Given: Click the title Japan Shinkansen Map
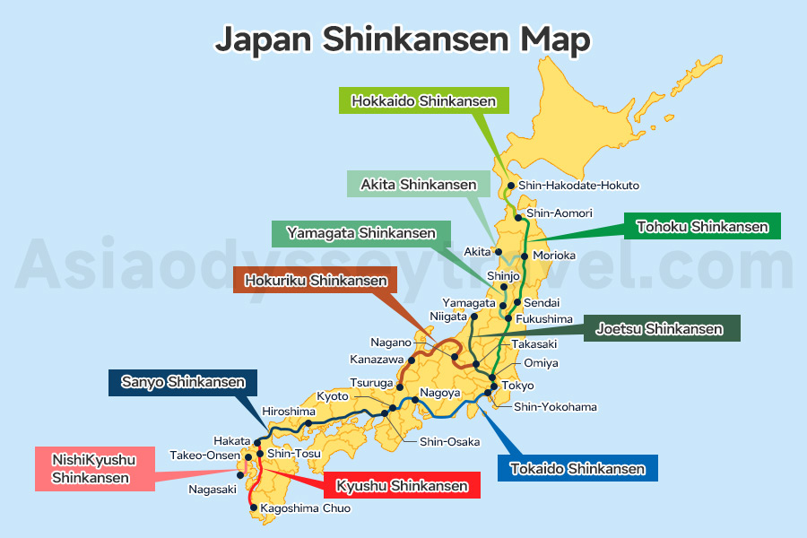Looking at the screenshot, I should (x=403, y=39).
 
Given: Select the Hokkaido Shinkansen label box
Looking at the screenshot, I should (x=424, y=101).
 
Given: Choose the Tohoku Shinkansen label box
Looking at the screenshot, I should (x=702, y=227).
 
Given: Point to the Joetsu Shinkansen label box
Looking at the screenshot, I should (x=660, y=329).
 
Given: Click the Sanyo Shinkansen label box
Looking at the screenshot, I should (x=182, y=383).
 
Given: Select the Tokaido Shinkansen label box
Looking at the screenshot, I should (x=577, y=468).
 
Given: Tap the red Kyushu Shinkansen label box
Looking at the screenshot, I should (x=402, y=486).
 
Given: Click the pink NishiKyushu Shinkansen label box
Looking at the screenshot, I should (x=94, y=469).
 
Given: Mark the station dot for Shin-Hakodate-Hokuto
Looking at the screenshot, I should (x=511, y=186).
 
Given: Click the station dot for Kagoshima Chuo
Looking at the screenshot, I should (x=254, y=508).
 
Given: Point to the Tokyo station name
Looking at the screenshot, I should (x=518, y=386).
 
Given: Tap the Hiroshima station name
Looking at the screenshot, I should (x=289, y=411).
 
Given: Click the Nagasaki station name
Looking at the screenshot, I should (x=213, y=490).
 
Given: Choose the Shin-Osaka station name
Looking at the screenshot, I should (x=449, y=441).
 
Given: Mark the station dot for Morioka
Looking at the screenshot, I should (x=525, y=256).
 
